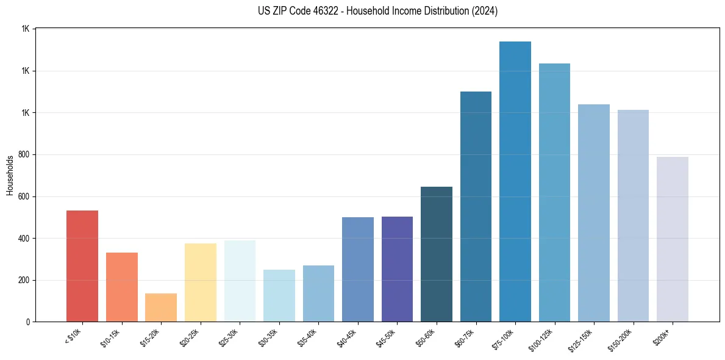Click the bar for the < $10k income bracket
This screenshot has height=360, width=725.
coord(82,266)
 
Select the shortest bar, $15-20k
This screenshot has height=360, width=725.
coord(161,308)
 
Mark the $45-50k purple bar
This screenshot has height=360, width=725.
coord(397,269)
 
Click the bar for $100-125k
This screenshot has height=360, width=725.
coord(554,193)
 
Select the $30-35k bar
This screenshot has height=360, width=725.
coord(279,296)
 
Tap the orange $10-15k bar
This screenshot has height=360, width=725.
coord(122,287)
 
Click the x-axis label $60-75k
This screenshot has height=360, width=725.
coord(468,337)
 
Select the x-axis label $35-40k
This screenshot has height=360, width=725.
coord(310,337)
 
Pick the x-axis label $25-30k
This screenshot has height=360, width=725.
coord(232,337)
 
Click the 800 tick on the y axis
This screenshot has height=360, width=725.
coord(24,155)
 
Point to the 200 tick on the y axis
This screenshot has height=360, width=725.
coord(24,281)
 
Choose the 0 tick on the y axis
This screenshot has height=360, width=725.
coord(28,322)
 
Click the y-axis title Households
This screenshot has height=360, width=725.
coord(10,175)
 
